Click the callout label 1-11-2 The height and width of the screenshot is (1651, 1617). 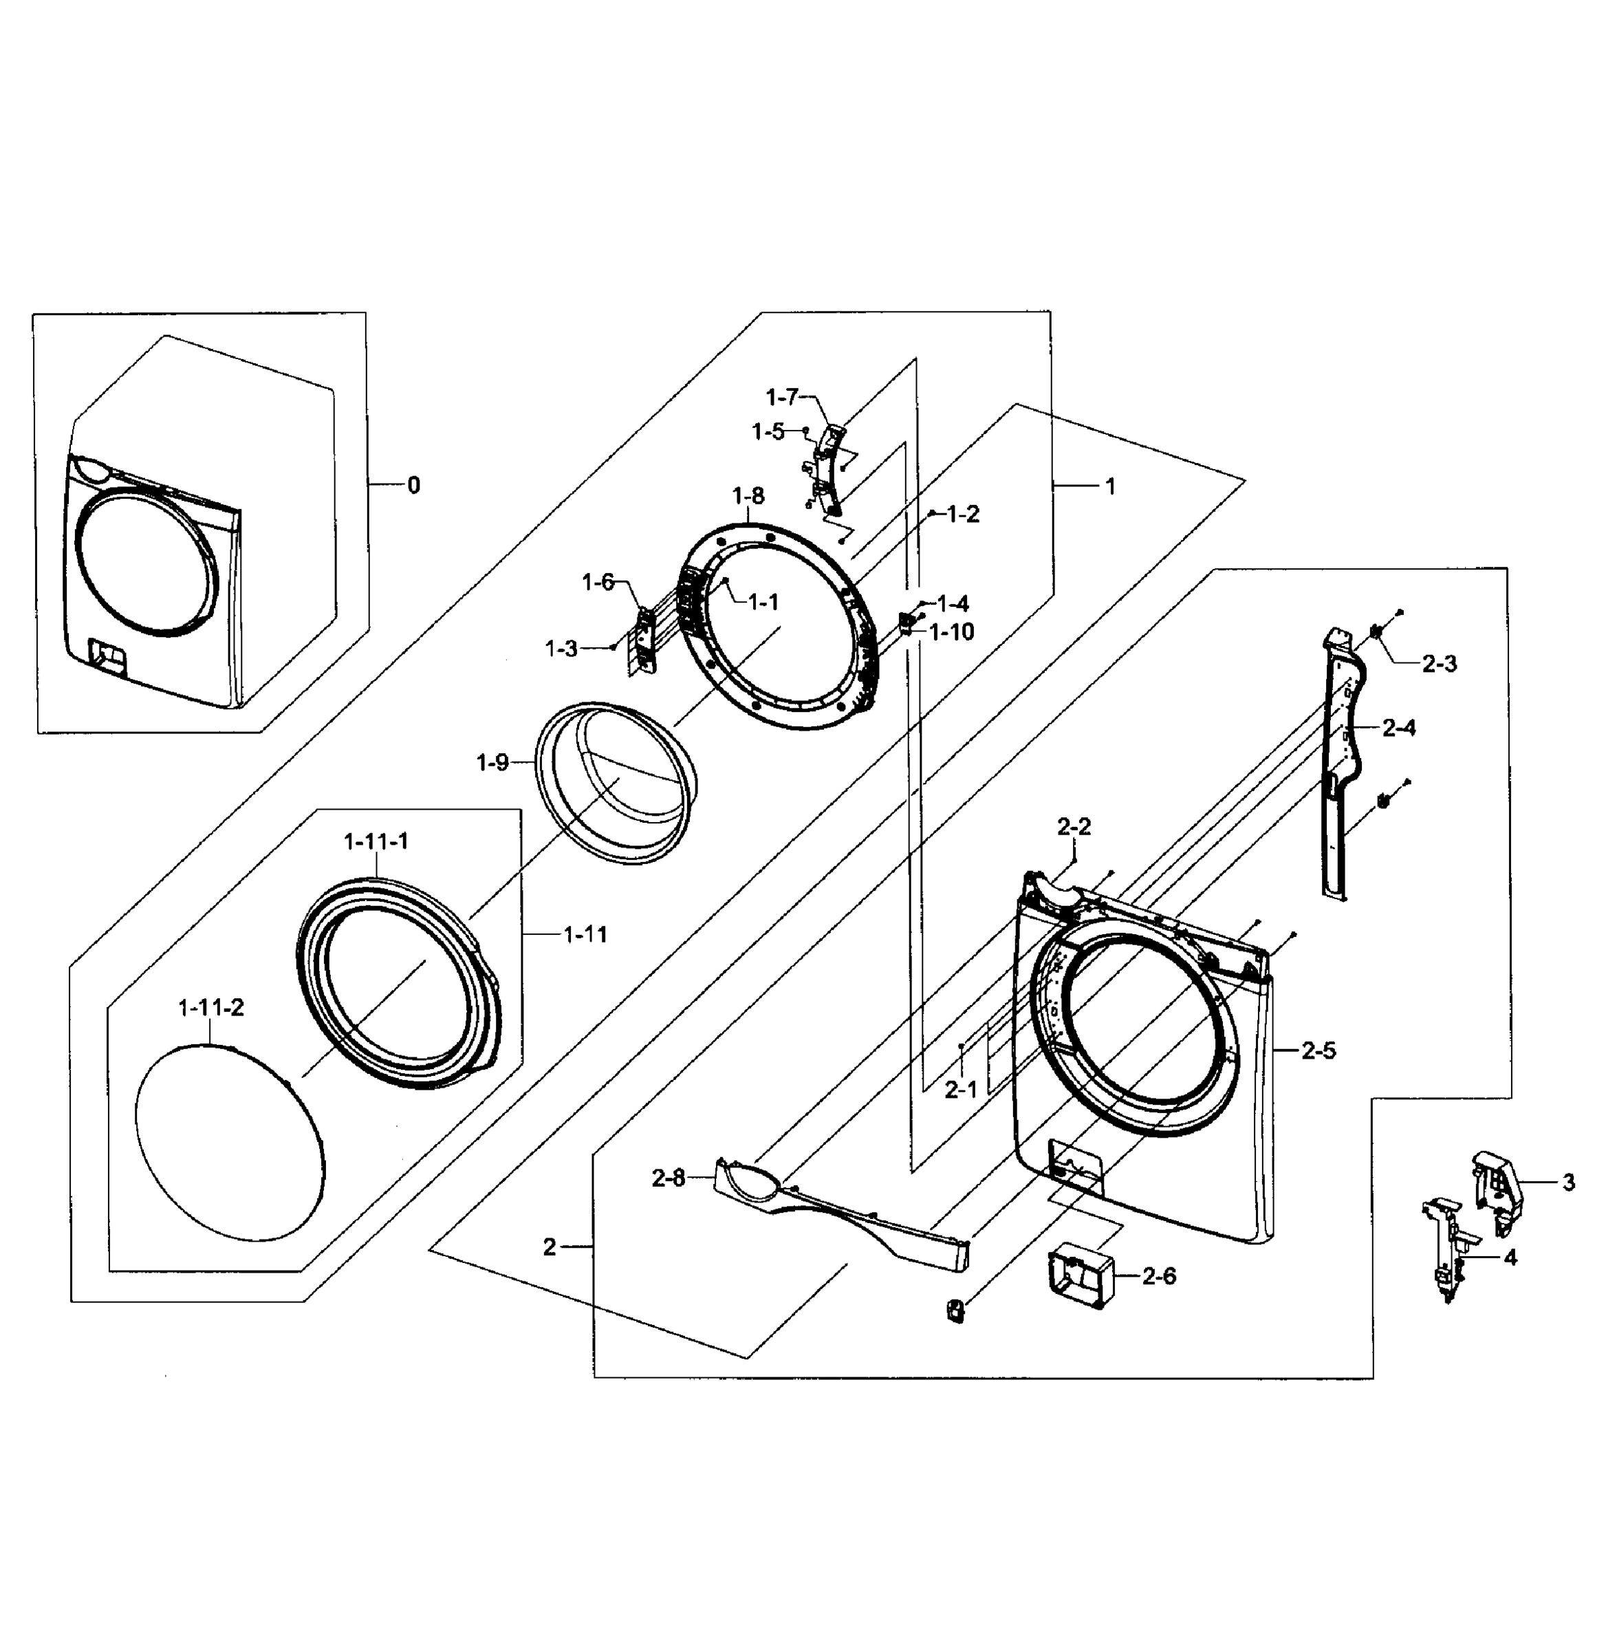(x=210, y=1008)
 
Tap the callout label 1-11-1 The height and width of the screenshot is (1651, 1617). (x=376, y=841)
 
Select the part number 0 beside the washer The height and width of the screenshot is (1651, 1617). (x=413, y=486)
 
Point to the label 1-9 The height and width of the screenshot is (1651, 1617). (x=492, y=763)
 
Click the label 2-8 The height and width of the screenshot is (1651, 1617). (x=669, y=1179)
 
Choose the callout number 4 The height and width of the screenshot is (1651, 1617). (x=1510, y=1258)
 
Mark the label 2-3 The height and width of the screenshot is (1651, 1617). (x=1440, y=664)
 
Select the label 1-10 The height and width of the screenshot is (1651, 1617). (x=952, y=632)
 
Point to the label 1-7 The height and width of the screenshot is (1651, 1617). (x=782, y=397)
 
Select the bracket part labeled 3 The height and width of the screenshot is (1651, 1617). (x=1497, y=1189)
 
